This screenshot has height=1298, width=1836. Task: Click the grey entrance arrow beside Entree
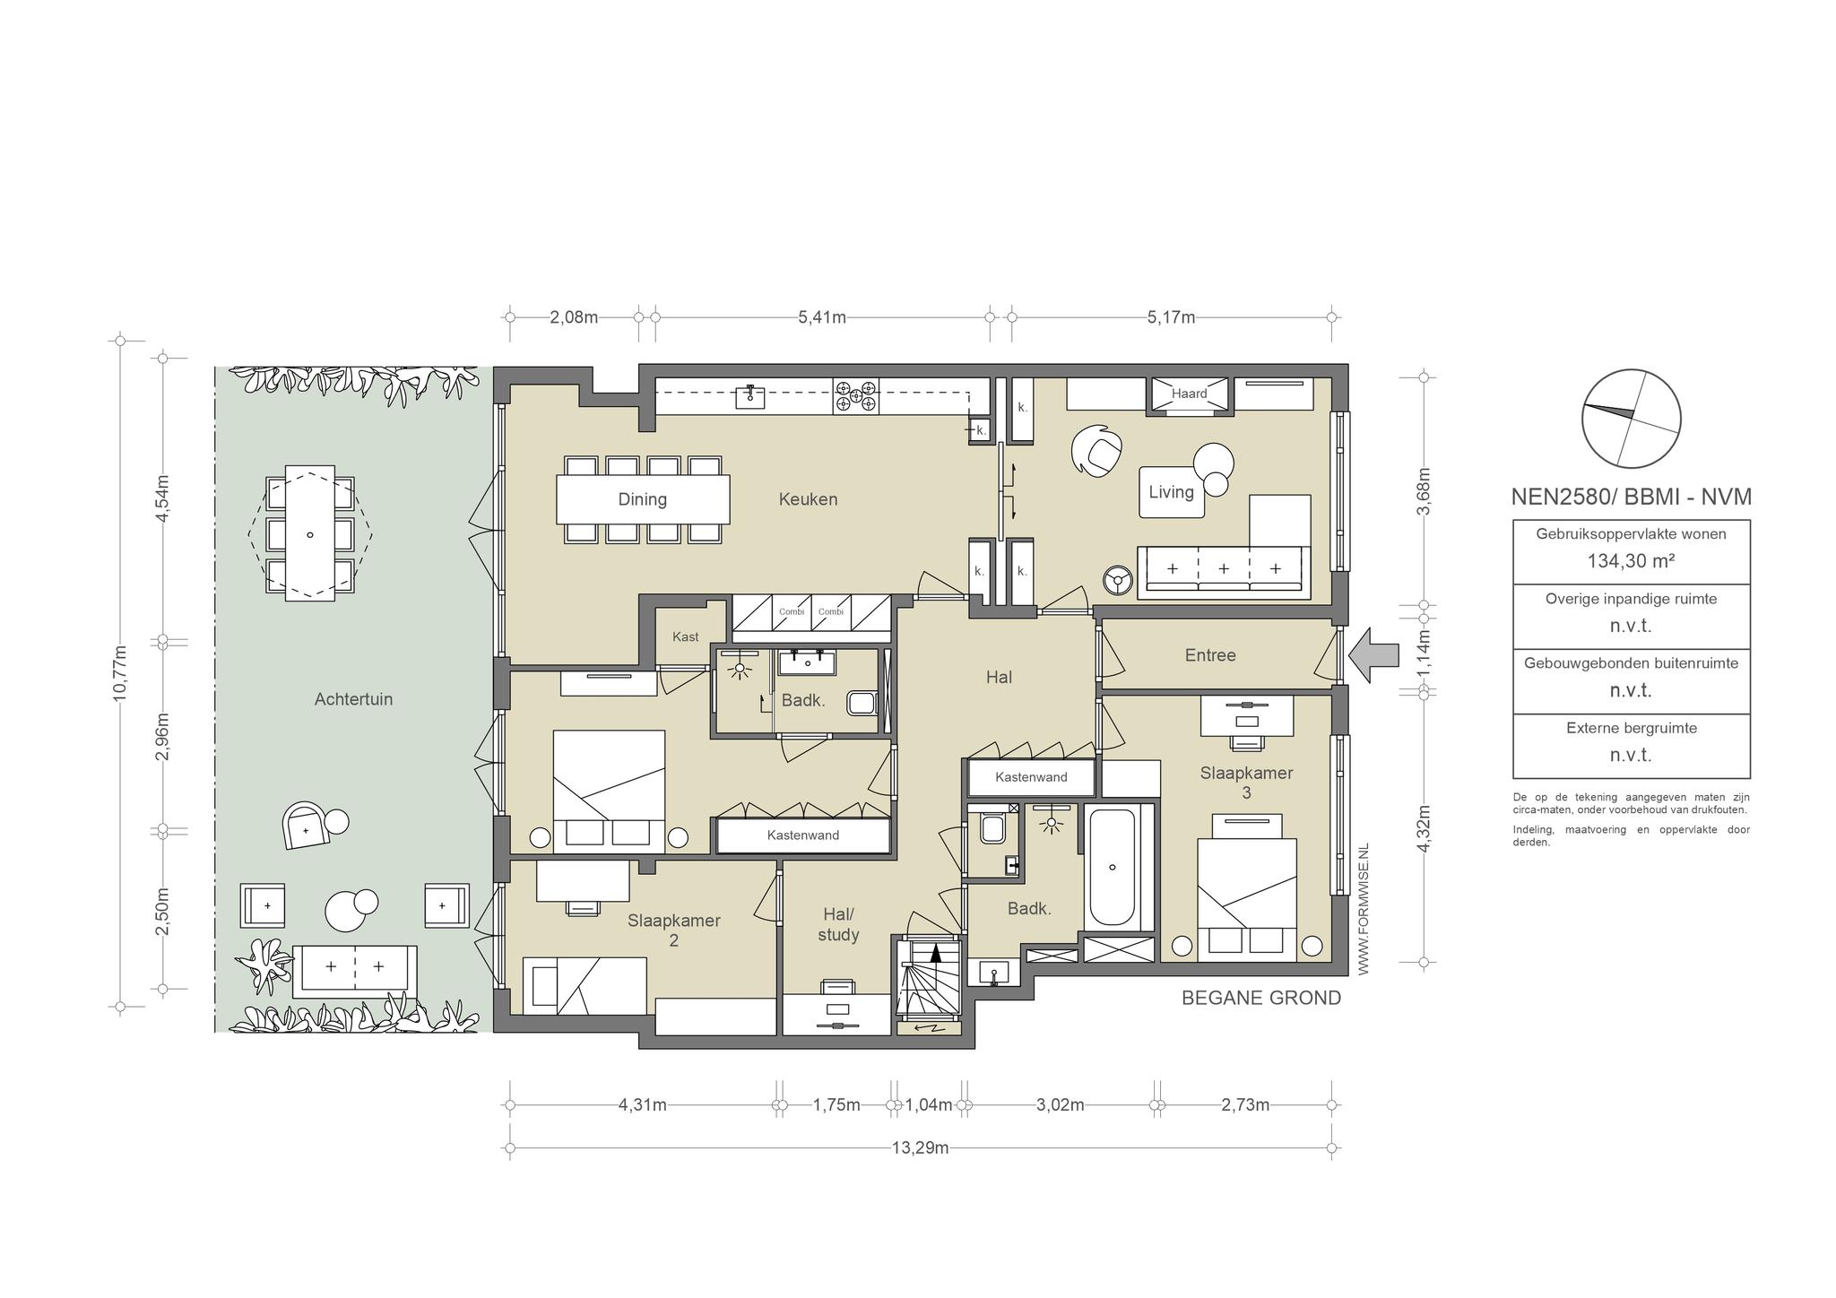pos(1373,655)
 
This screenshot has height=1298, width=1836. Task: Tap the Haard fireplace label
pos(1189,394)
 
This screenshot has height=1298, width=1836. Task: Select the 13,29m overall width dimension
pos(920,1148)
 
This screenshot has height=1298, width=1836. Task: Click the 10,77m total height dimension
pos(120,674)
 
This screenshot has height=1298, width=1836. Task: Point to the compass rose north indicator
pos(1631,419)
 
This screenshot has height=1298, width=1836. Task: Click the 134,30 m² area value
pos(1631,562)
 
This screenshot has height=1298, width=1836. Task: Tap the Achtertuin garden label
pos(353,699)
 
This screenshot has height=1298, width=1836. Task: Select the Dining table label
pos(642,499)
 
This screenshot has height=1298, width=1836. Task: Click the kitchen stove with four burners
pos(856,395)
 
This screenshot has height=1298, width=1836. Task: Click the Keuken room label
pos(808,499)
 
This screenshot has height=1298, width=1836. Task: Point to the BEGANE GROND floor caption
pos(1261,998)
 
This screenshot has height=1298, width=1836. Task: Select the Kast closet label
pos(685,636)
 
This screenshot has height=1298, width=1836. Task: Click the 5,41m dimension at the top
pos(822,317)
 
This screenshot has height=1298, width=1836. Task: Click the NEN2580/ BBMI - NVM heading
pos(1631,497)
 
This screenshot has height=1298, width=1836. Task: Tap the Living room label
pos(1171,492)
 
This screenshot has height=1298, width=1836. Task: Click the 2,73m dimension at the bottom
pos(1245,1105)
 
